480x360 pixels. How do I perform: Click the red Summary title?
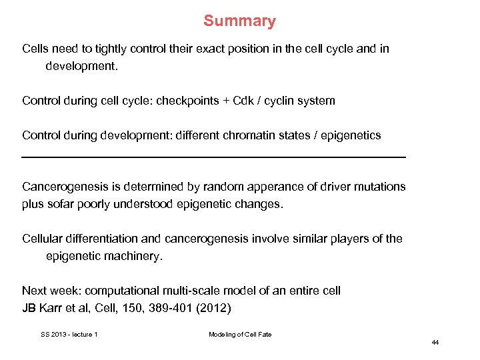click(239, 21)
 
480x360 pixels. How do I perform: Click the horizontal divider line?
click(213, 157)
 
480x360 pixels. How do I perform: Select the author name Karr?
click(52, 308)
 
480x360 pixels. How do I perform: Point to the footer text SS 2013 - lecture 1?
click(69, 334)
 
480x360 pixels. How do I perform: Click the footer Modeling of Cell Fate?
click(240, 334)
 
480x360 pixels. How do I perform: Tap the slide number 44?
click(435, 343)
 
